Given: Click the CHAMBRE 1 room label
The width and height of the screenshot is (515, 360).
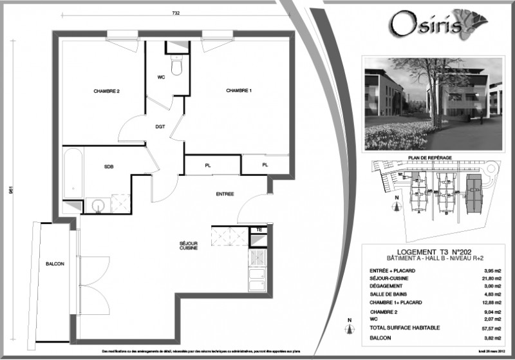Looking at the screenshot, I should tap(238, 91).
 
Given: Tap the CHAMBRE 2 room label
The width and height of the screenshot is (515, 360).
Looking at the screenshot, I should tap(107, 91).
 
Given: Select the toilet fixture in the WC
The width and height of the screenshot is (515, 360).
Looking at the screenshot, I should tap(176, 65).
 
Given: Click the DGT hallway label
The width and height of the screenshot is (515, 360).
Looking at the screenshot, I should tap(160, 127).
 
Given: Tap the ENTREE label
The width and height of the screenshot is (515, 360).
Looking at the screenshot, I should tap(225, 194).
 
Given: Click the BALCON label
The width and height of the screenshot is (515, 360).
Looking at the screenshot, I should tap(55, 264).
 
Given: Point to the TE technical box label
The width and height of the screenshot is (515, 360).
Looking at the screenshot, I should tap(259, 229).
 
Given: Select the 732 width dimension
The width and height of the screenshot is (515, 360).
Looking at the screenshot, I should tap(175, 13).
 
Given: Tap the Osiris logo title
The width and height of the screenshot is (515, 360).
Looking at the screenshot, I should tap(418, 24).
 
